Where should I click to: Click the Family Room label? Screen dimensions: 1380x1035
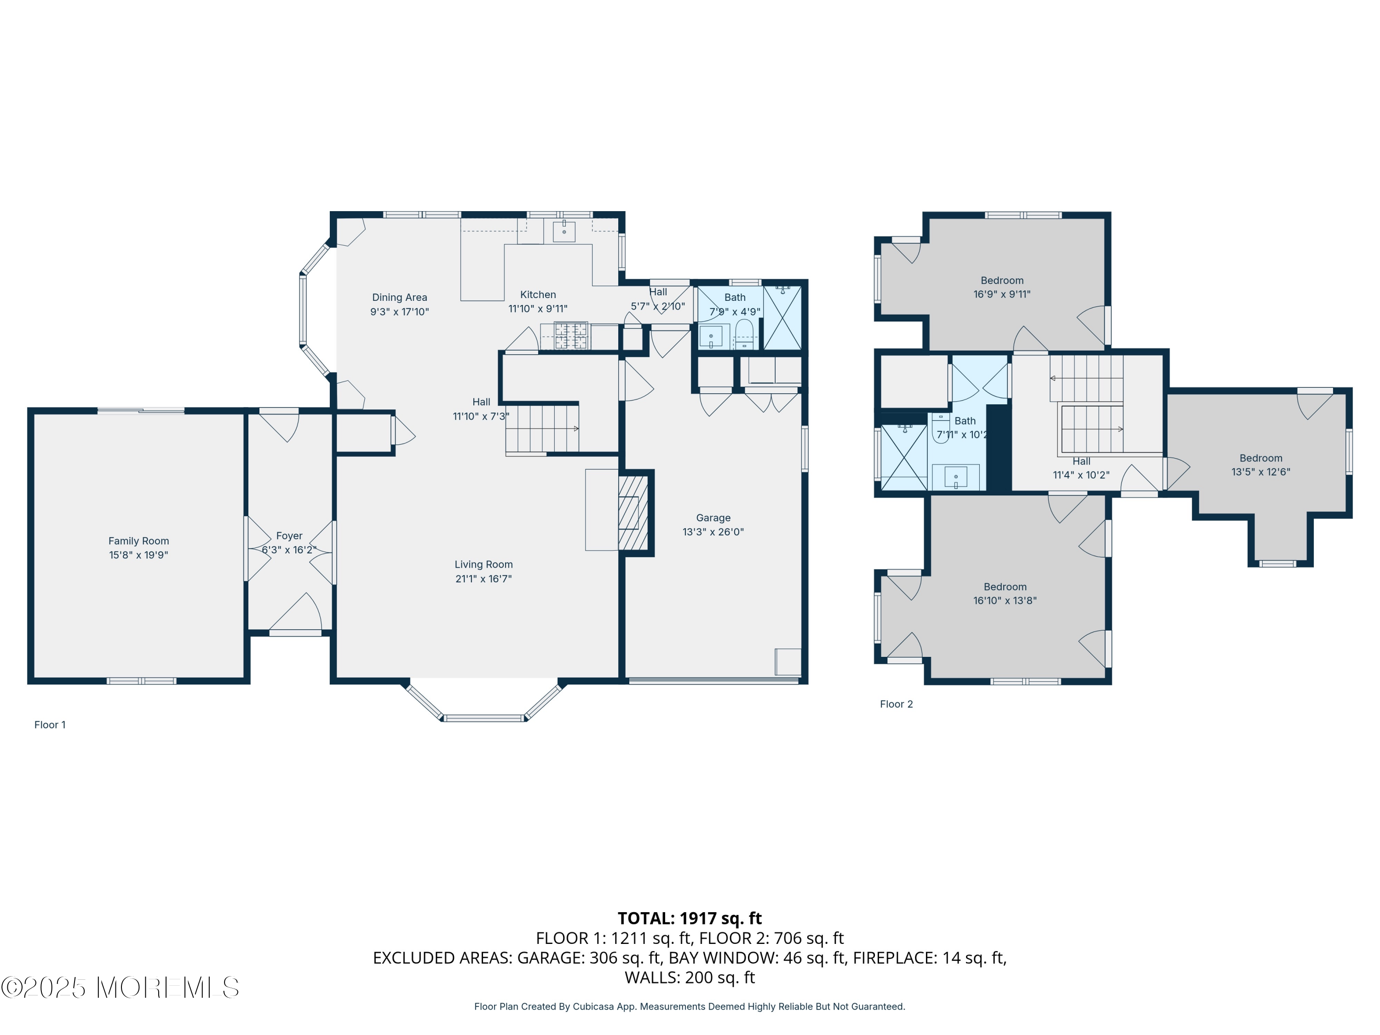point(138,541)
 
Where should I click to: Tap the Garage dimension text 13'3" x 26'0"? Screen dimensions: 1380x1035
point(713,532)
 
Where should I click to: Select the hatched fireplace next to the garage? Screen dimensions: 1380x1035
point(633,513)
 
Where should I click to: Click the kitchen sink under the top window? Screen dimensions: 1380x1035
point(564,231)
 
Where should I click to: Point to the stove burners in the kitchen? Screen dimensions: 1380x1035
point(571,336)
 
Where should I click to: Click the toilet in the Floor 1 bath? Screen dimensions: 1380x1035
point(744,334)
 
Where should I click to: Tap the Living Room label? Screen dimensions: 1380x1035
point(483,564)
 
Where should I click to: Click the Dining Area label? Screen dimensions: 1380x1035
point(400,298)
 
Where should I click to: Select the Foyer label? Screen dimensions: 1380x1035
point(289,536)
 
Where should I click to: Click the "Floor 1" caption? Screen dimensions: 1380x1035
point(50,724)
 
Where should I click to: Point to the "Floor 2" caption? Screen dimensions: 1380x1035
point(897,704)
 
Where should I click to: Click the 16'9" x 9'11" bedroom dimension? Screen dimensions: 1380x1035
point(1002,294)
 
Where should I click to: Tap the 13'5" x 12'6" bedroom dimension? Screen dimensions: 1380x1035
point(1261,471)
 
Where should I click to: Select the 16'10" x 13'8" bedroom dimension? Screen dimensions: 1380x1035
point(1005,600)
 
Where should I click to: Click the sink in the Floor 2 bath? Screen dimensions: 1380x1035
point(956,478)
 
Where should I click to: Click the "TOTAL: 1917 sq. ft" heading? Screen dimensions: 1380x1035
point(690,918)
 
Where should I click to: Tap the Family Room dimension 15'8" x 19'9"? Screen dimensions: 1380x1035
point(138,555)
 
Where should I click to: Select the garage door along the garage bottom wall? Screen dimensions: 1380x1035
point(714,681)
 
